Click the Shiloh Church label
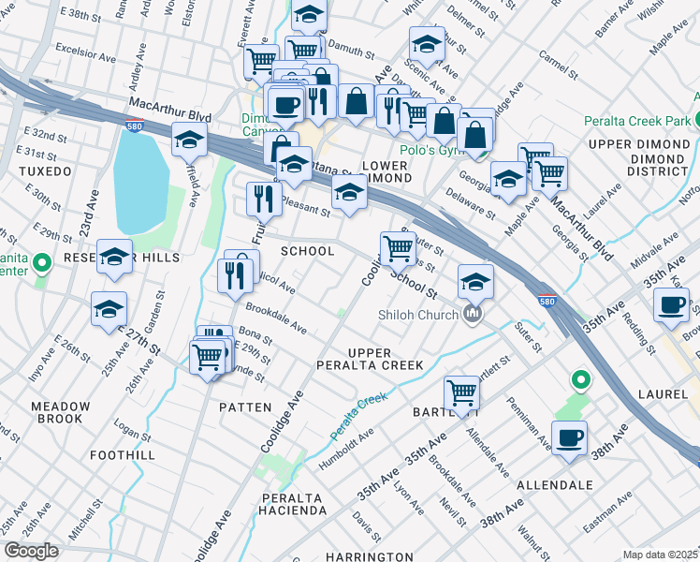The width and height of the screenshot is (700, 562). (418, 315)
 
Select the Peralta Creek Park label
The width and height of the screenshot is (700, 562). (637, 121)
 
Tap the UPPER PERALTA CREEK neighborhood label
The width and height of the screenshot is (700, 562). (384, 358)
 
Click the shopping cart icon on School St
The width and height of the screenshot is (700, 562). (398, 248)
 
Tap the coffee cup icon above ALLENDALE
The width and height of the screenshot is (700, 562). (568, 437)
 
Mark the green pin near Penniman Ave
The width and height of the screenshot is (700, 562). (580, 380)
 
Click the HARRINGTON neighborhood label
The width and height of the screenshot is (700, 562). (372, 556)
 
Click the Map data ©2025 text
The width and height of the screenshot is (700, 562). (661, 554)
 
